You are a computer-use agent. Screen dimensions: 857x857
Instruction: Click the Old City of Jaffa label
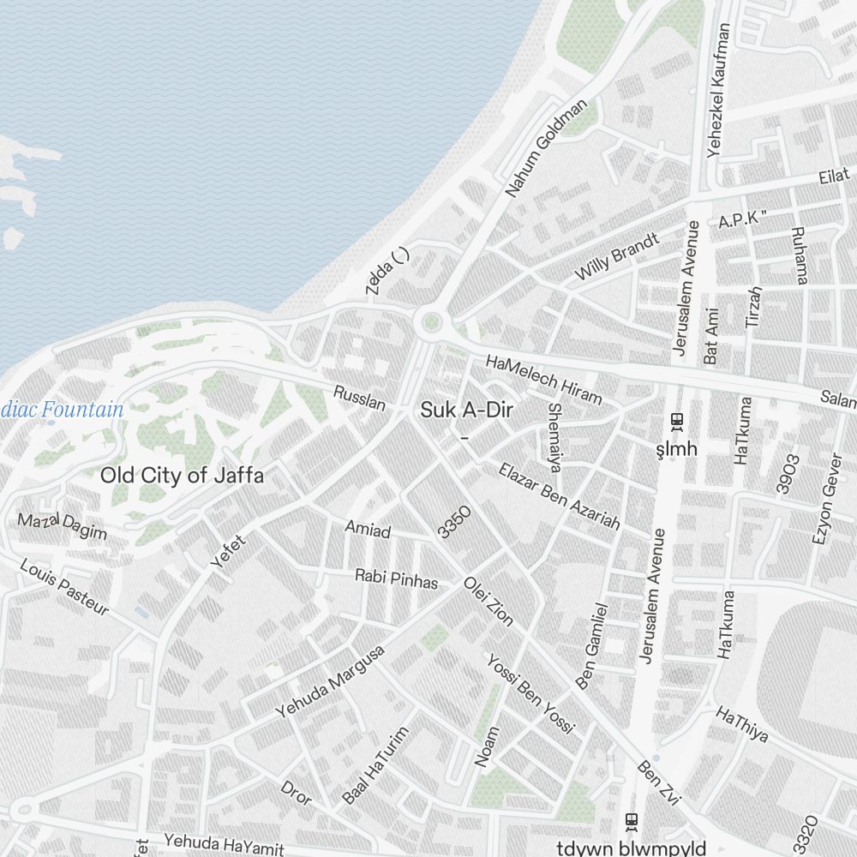[x=182, y=476]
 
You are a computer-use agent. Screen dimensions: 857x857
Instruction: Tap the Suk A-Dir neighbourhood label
[x=466, y=411]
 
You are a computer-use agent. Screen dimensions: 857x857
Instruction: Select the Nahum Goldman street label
[x=547, y=148]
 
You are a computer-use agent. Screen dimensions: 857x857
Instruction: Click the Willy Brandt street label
[x=617, y=256]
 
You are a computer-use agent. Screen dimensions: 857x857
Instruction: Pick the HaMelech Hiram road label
[x=543, y=380]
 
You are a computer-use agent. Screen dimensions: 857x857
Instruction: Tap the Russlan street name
[x=359, y=398]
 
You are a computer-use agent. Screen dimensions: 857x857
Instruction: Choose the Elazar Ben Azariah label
[x=560, y=496]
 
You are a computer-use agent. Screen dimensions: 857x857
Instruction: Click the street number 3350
[x=454, y=522]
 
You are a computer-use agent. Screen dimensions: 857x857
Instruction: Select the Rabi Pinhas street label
[x=396, y=579]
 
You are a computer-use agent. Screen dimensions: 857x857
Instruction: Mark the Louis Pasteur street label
[x=64, y=588]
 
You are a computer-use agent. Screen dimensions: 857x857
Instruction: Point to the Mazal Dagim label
[x=63, y=526]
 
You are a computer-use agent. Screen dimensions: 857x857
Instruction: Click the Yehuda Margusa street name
[x=330, y=682]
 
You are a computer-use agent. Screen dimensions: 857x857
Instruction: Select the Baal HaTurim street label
[x=376, y=765]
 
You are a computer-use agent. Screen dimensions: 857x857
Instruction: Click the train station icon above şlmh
[x=676, y=421]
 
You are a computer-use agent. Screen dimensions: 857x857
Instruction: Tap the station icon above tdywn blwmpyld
[x=632, y=820]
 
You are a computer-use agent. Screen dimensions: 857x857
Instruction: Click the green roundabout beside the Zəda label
[x=430, y=323]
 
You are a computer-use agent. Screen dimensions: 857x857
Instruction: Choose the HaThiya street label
[x=742, y=724]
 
